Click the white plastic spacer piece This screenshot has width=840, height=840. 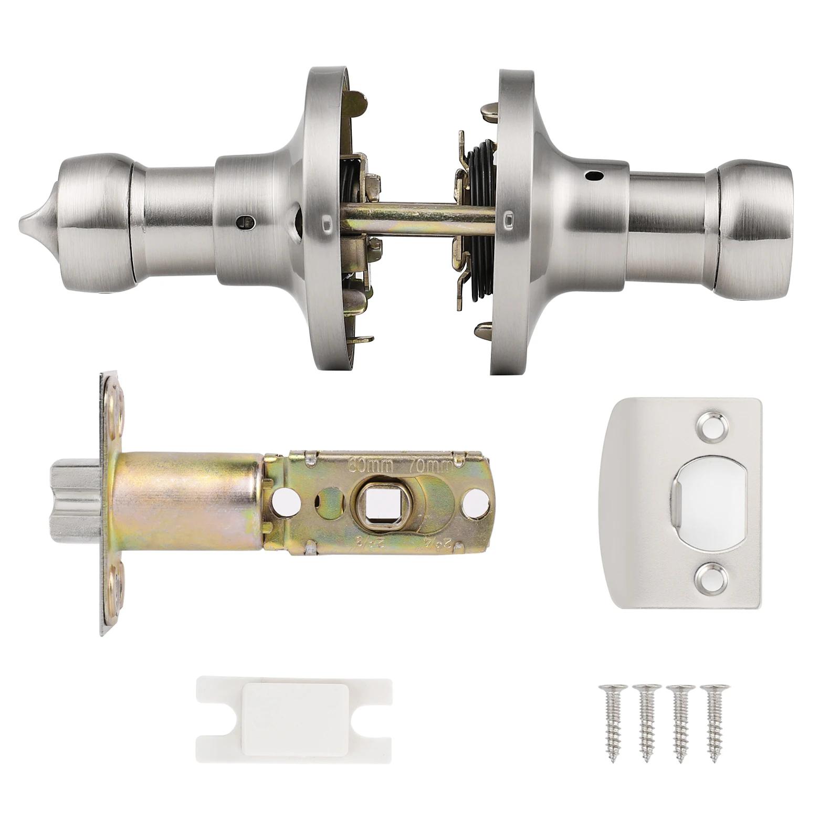click(294, 714)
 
